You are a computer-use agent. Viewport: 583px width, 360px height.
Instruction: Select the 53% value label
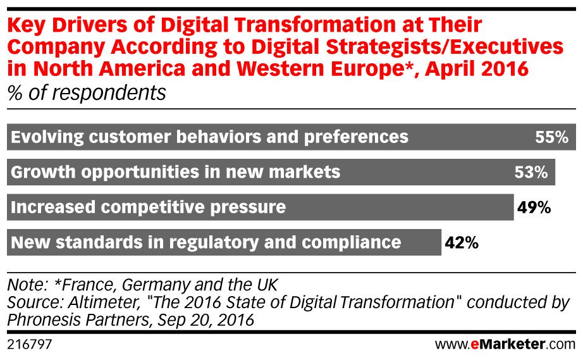pyautogui.click(x=531, y=172)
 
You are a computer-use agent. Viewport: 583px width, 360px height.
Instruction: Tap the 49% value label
pyautogui.click(x=535, y=207)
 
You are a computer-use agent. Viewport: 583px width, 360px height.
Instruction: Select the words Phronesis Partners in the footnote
pyautogui.click(x=77, y=321)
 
